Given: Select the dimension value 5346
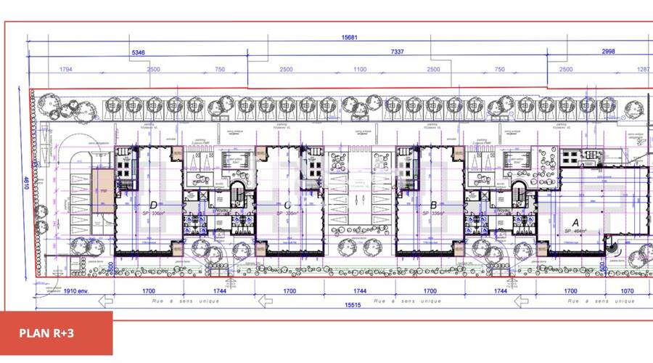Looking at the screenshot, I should pyautogui.click(x=138, y=53).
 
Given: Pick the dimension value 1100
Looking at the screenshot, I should pyautogui.click(x=361, y=69).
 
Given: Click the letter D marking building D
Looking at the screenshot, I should pyautogui.click(x=153, y=205).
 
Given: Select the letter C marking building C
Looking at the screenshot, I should pyautogui.click(x=289, y=205).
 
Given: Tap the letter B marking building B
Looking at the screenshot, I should pyautogui.click(x=433, y=205).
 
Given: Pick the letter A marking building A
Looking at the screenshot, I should pyautogui.click(x=576, y=223).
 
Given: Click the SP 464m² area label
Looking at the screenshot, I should pyautogui.click(x=576, y=231).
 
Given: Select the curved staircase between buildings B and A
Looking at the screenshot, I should pyautogui.click(x=520, y=194).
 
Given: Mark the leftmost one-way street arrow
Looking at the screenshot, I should pyautogui.click(x=107, y=300).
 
